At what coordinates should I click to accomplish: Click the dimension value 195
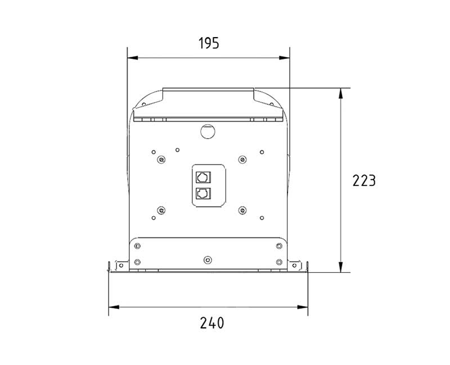[209, 43]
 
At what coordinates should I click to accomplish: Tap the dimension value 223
[364, 181]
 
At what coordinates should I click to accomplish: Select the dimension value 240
[212, 323]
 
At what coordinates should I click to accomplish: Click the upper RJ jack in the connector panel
[203, 177]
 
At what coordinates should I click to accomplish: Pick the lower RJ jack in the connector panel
[203, 194]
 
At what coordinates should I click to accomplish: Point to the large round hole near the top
[208, 131]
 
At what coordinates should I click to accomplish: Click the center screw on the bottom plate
[208, 260]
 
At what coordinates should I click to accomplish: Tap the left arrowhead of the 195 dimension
[133, 58]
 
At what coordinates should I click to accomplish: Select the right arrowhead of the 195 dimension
[285, 58]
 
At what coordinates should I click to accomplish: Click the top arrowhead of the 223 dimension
[341, 93]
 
